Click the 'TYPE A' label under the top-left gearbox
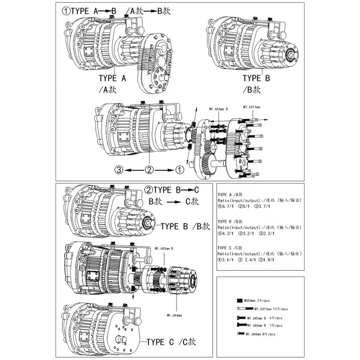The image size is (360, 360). (x=114, y=78)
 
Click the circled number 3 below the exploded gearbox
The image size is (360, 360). (x=119, y=170)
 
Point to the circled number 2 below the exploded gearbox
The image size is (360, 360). (x=149, y=170)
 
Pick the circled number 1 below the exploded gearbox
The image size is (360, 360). (x=179, y=170)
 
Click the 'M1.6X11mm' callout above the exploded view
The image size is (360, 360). (x=252, y=107)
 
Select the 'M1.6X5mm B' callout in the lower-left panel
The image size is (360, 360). (x=165, y=248)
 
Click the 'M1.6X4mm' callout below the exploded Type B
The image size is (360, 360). (x=174, y=315)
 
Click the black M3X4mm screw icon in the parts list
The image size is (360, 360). (x=239, y=300)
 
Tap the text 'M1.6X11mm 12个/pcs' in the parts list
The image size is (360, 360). (x=270, y=309)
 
